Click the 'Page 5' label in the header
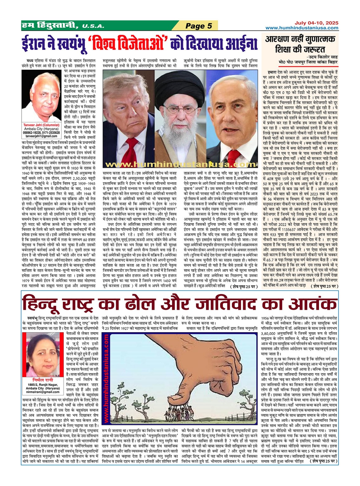[x=199, y=26]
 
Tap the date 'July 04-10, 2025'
[x=316, y=23]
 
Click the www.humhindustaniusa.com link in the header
[x=302, y=28]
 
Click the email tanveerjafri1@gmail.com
[x=42, y=136]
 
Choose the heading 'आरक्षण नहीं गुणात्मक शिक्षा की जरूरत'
[x=300, y=44]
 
